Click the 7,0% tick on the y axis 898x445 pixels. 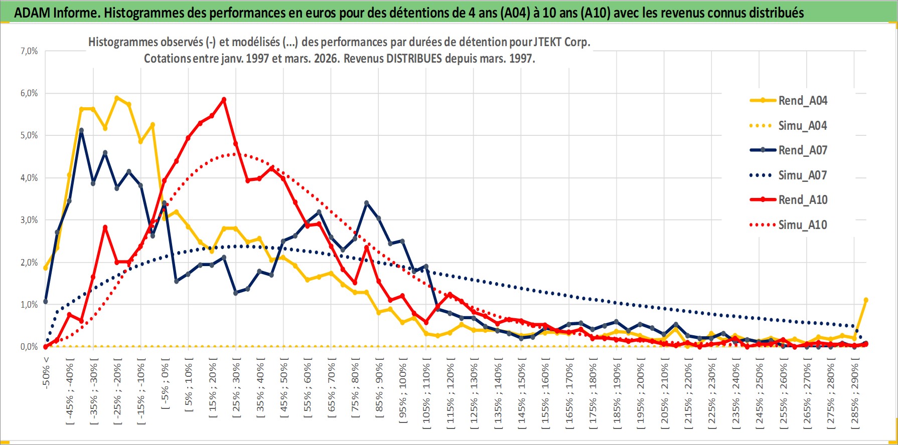29,51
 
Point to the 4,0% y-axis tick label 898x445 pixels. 29,178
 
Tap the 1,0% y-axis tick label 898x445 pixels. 29,305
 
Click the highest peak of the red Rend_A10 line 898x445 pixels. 224,99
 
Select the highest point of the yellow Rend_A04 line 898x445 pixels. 117,98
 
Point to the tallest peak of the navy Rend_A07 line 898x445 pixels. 81,130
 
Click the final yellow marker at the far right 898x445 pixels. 866,300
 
